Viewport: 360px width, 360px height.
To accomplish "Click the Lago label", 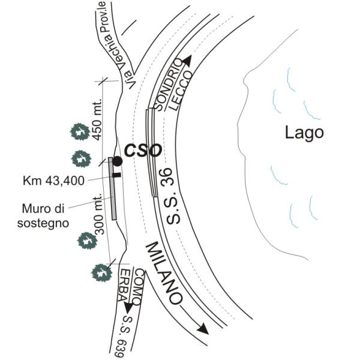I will pos(304,133).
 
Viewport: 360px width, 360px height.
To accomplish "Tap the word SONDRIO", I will pos(169,84).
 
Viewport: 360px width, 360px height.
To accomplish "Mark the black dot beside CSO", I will pos(117,161).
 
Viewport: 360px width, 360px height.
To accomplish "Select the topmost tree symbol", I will pos(78,131).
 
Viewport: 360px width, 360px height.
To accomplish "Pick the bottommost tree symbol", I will pos(101,272).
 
